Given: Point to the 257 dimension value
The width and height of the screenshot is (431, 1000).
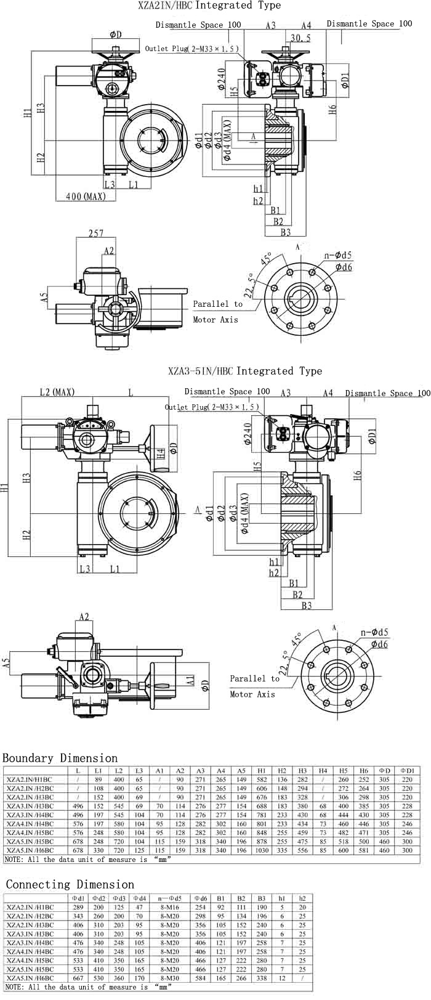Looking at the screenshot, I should click(95, 234).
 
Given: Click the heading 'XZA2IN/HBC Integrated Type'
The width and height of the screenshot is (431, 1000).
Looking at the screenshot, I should click(210, 6).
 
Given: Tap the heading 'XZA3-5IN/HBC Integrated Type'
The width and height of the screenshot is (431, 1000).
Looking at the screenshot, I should click(245, 371).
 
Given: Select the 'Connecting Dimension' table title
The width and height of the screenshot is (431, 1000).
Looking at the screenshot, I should click(70, 885).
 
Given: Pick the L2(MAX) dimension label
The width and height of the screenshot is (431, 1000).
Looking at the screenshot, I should click(57, 392).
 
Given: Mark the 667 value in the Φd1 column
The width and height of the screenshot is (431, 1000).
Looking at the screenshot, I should click(78, 978).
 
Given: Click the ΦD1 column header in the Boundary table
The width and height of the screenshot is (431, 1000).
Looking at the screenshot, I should click(407, 771).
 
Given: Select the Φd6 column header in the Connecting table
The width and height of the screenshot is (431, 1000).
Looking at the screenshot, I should click(201, 898).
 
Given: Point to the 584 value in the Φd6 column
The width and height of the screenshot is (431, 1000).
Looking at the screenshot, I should click(201, 978).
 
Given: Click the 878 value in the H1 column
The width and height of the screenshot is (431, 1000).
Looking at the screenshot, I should click(262, 842).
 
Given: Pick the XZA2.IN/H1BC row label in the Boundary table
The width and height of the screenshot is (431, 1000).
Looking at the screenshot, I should click(30, 779).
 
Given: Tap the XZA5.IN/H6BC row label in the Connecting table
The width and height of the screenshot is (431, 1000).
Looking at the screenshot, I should click(31, 978).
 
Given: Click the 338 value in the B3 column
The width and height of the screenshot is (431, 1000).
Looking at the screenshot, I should click(262, 978).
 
